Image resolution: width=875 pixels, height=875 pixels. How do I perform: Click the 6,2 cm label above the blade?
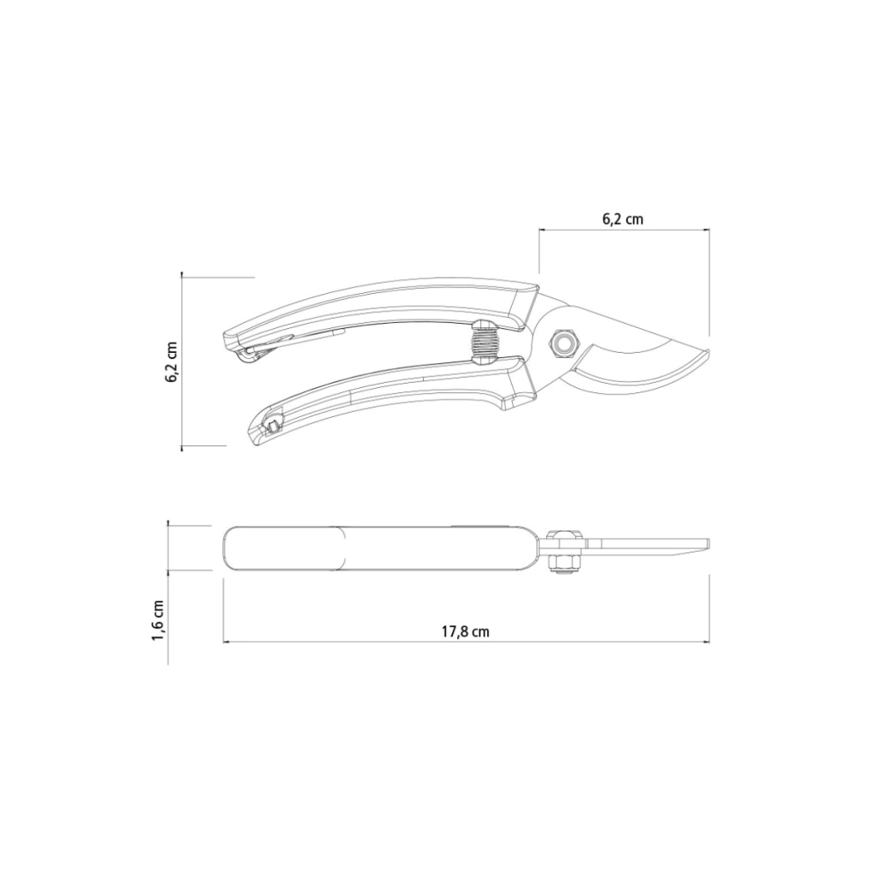[x=622, y=219]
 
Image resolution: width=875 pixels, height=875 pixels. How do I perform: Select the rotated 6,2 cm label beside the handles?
[x=171, y=362]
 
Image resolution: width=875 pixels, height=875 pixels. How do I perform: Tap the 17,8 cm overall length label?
[x=466, y=631]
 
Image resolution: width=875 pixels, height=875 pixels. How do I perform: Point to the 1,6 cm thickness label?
[x=158, y=621]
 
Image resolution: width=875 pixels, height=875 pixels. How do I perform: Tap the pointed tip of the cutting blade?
[x=708, y=351]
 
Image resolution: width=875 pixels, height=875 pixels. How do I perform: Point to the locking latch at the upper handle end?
[x=262, y=349]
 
